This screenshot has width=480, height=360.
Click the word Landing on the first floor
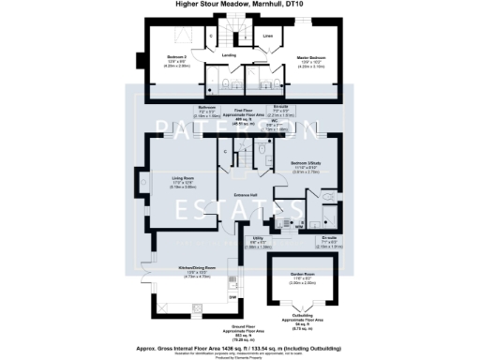228,54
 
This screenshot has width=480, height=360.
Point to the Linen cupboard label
268,37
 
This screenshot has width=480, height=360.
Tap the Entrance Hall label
246,195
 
